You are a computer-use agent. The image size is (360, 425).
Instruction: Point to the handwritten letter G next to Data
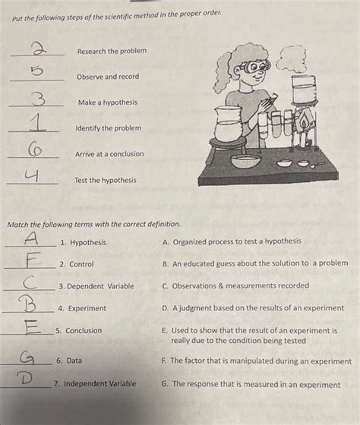27,357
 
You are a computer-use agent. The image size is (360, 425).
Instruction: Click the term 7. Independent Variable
95,384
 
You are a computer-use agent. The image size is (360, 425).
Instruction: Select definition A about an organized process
232,241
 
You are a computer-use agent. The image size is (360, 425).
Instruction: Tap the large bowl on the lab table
249,161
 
